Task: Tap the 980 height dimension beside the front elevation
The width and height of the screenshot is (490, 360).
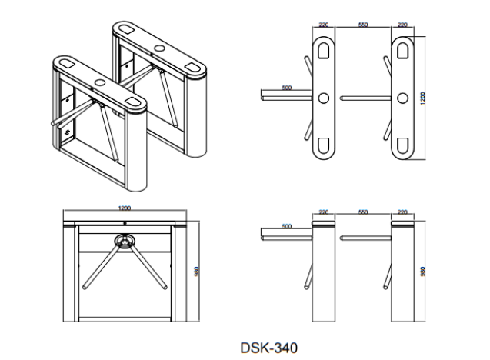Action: point(198,272)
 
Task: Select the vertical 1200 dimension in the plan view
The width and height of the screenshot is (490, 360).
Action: point(422,98)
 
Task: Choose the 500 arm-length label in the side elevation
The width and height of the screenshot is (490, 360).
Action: point(286,227)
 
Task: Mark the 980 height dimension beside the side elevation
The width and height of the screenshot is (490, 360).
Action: point(422,272)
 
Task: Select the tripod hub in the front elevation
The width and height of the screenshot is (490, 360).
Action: point(122,242)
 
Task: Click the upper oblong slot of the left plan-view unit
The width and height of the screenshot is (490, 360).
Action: point(323,50)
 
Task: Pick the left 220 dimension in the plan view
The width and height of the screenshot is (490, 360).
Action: point(323,25)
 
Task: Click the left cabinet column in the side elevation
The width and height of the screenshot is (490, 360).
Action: point(323,273)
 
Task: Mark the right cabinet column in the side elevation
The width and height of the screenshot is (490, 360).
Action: point(402,273)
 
